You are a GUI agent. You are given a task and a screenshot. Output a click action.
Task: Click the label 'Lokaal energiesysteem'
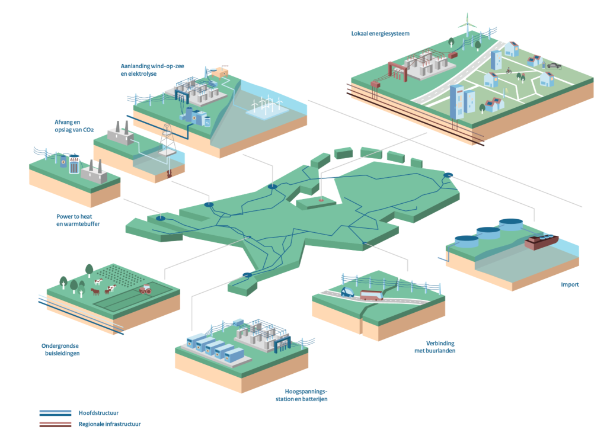380,34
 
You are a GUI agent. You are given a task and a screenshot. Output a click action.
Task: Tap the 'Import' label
570,285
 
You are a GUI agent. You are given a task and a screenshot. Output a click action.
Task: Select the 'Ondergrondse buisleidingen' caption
60,350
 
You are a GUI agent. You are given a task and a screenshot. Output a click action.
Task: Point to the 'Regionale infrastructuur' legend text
110,424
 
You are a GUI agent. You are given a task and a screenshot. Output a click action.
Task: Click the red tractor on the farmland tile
145,290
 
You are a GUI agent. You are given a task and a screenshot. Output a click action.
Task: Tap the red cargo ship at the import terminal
541,242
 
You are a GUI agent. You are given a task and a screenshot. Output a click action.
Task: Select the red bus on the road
372,294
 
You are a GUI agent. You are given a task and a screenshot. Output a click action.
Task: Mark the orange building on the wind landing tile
223,74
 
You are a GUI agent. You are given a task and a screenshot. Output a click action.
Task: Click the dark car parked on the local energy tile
555,65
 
